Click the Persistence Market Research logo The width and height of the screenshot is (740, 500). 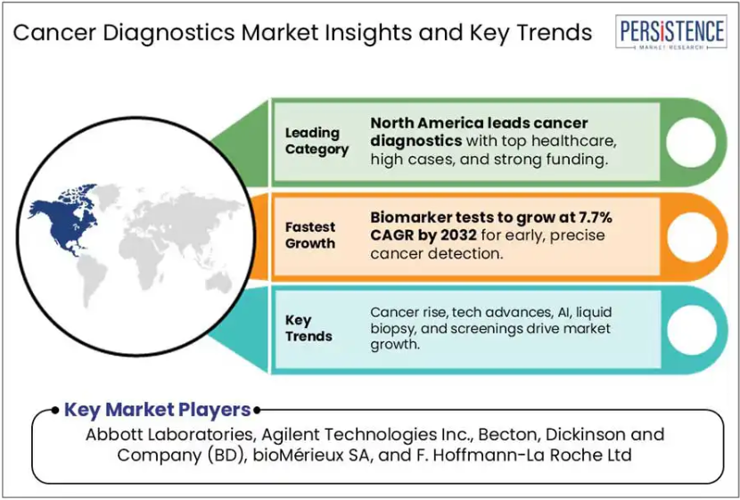tap(670, 32)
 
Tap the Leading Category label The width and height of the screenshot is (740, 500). tap(317, 141)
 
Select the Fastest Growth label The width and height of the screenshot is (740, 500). tap(310, 235)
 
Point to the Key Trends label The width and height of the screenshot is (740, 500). tap(308, 328)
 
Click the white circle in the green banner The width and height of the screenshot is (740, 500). tap(691, 143)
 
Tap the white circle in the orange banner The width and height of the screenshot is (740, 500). tap(691, 237)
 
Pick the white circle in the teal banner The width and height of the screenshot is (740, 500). tap(691, 330)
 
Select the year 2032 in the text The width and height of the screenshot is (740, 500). tap(452, 235)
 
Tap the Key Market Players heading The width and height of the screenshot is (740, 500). tap(157, 410)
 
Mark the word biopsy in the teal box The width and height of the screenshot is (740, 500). tap(391, 329)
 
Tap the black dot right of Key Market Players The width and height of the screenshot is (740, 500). tap(257, 410)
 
